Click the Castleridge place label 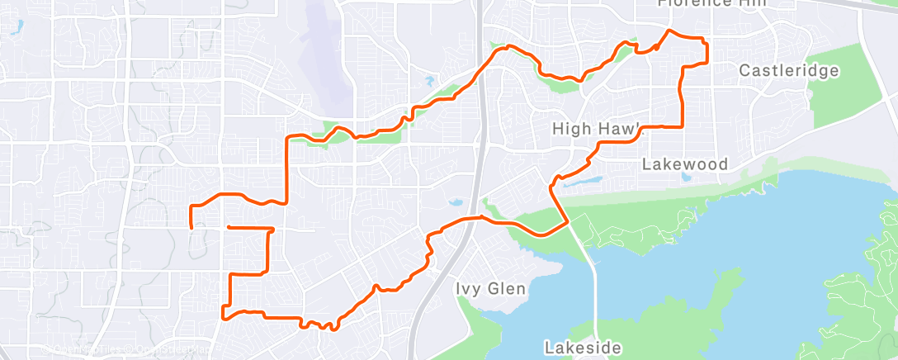[x=788, y=70]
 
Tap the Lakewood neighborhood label [x=685, y=164]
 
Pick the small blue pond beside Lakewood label [x=684, y=177]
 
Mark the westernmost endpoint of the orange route [x=191, y=226]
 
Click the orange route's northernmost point [x=669, y=31]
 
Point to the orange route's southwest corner [x=223, y=315]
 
